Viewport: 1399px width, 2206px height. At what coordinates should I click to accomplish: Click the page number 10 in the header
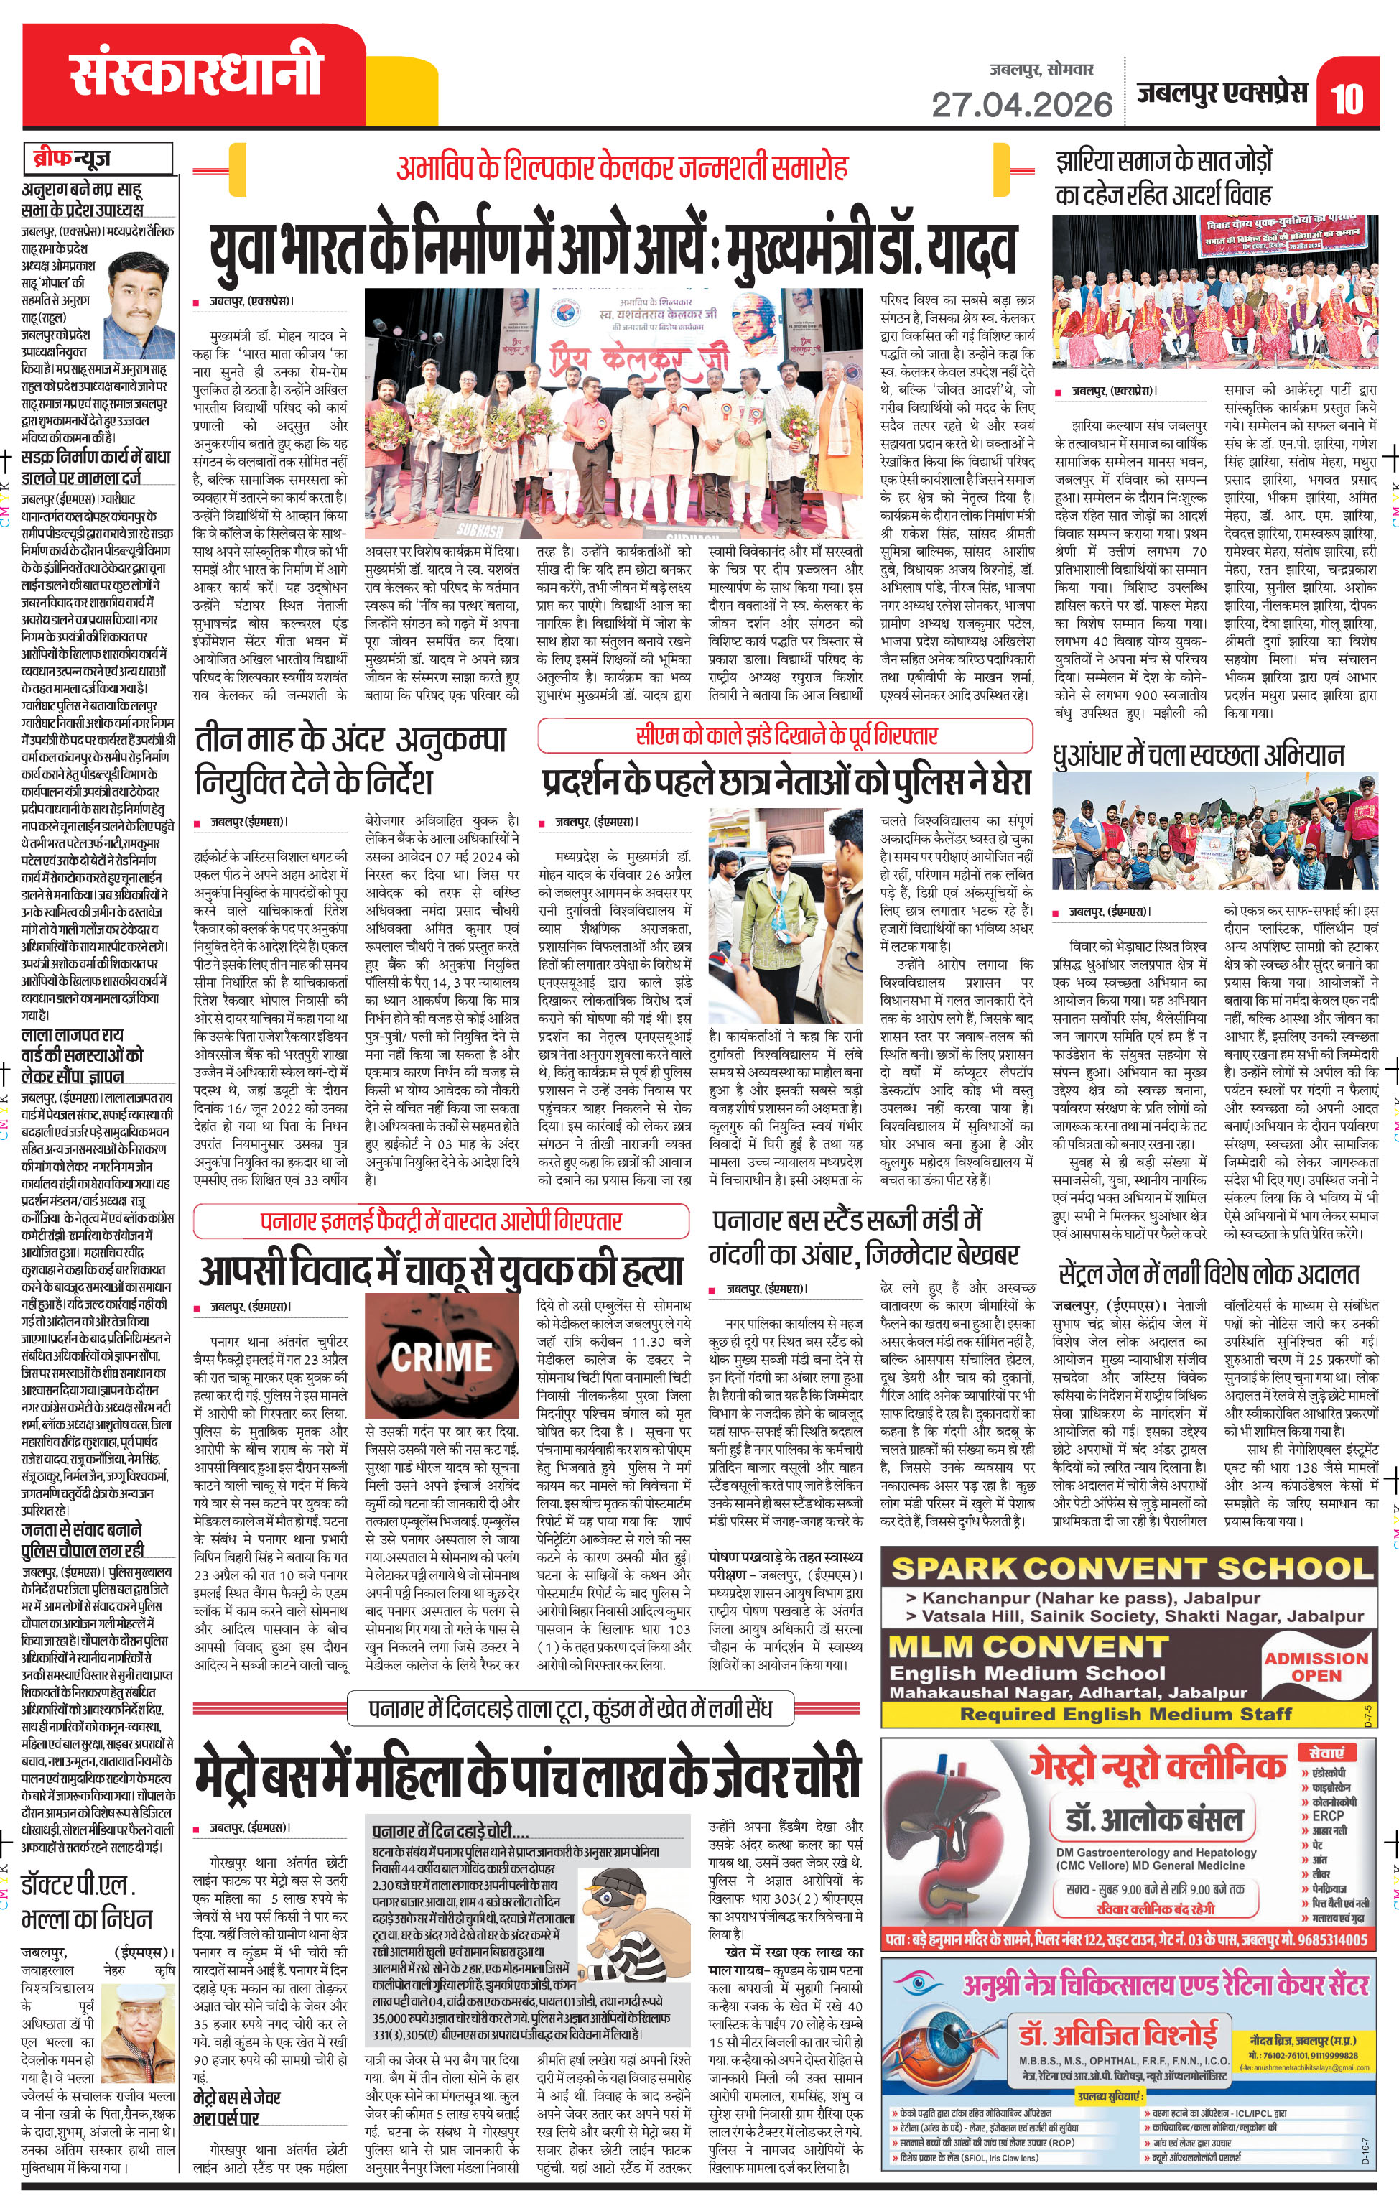(1346, 99)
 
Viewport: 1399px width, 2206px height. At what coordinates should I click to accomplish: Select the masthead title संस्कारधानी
(196, 73)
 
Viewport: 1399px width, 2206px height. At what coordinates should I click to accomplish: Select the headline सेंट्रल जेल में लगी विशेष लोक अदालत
(1209, 1274)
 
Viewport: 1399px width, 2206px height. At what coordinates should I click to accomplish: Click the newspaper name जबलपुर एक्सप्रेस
(1222, 93)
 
